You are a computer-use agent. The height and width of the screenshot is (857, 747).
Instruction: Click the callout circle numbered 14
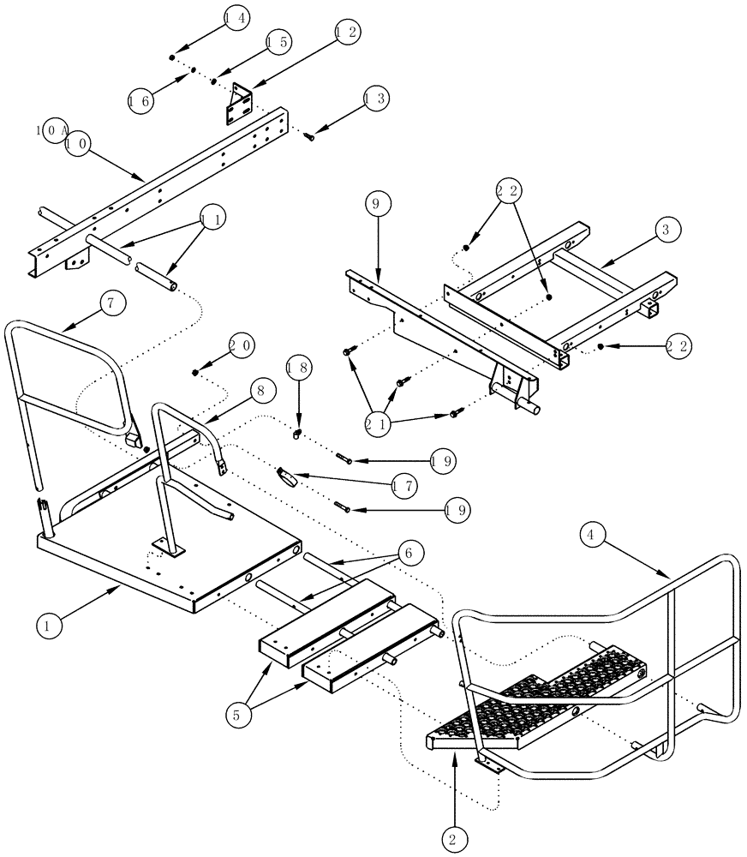pos(237,17)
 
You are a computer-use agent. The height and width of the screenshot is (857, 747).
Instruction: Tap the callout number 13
pos(376,99)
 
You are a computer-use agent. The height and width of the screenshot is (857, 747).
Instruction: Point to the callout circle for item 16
pos(141,101)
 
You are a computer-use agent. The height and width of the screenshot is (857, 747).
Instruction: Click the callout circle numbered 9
pos(379,204)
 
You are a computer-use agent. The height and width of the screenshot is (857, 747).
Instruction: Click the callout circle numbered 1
pos(50,626)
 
